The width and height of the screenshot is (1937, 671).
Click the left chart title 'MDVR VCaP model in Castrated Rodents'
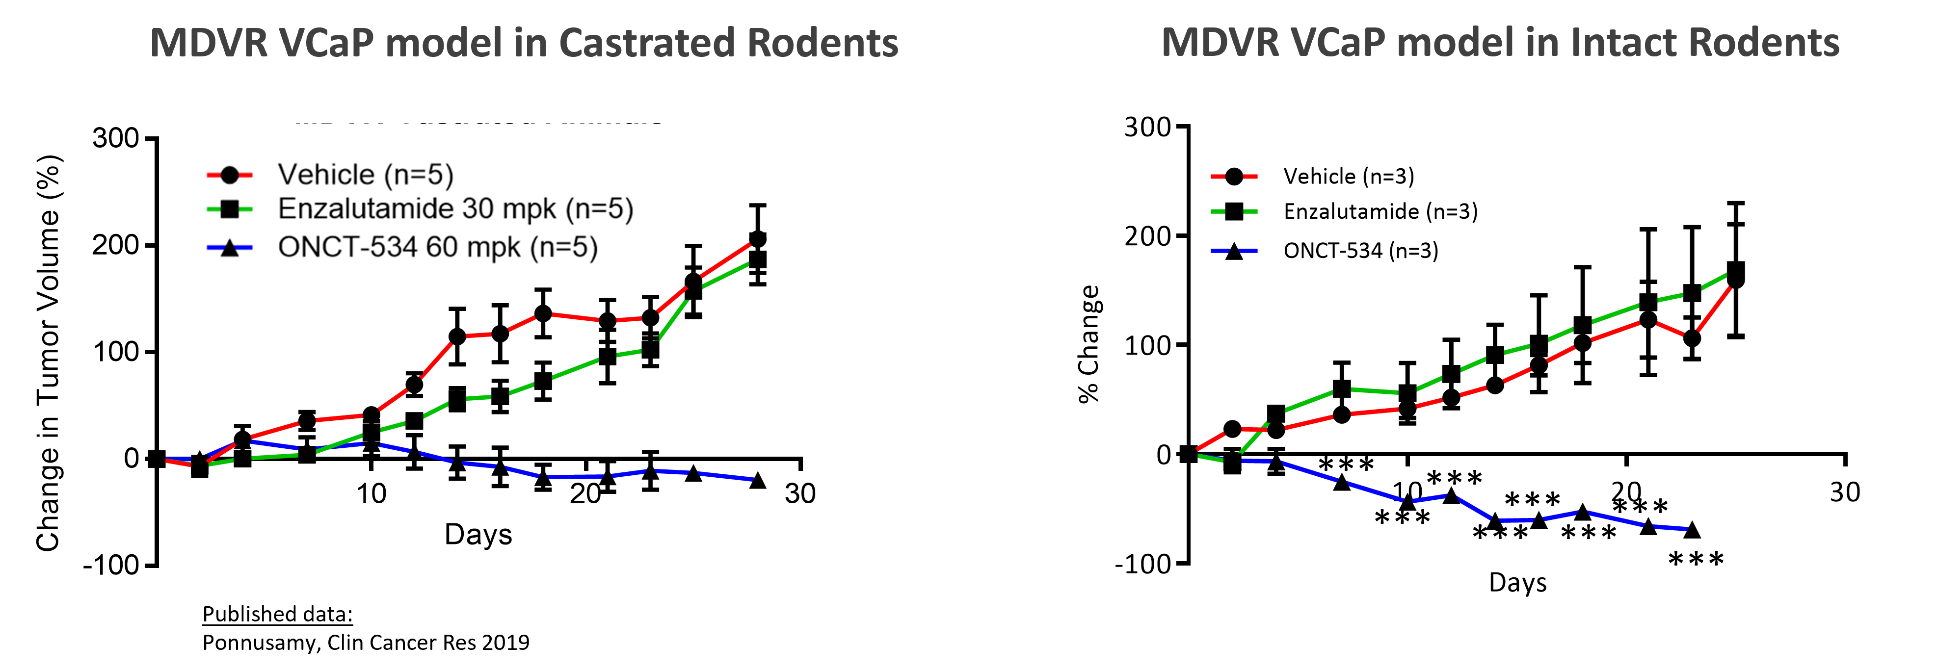524,42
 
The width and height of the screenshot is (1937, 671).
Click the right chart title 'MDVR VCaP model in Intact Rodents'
1500,42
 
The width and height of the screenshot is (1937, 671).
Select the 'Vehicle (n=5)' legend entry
331,174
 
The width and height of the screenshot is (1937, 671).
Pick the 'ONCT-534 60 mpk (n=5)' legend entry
402,247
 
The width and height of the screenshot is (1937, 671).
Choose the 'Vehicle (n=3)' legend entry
1313,177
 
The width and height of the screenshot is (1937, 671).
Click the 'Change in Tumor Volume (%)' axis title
48,353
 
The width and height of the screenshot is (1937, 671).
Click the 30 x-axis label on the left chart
800,493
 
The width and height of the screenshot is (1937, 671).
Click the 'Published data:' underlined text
277,614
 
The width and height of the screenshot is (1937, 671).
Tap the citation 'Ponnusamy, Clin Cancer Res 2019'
366,643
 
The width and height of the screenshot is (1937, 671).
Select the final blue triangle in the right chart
1692,530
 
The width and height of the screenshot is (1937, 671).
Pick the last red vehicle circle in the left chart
758,239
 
